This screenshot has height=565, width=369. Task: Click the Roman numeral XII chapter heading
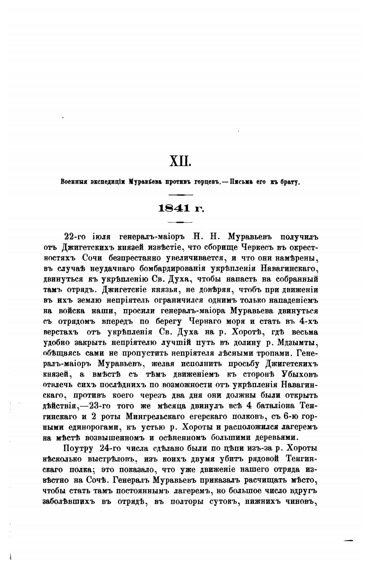click(x=181, y=161)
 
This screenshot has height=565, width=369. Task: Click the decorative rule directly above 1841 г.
click(x=181, y=194)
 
